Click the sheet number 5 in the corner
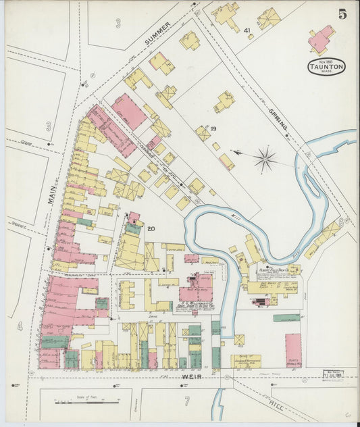click(x=342, y=14)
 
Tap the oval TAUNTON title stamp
click(x=327, y=66)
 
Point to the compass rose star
click(x=265, y=159)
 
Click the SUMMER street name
click(x=159, y=32)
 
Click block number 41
click(x=247, y=30)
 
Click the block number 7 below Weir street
click(x=187, y=402)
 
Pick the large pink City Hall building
click(x=128, y=111)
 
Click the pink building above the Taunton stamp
click(x=322, y=39)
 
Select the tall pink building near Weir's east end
click(x=293, y=349)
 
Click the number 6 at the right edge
click(x=342, y=222)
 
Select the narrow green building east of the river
click(x=286, y=317)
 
